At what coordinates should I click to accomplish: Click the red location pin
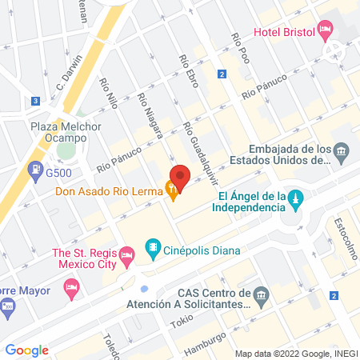[x=180, y=178]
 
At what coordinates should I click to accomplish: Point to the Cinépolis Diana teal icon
[x=150, y=247]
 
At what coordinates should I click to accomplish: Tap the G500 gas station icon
[x=36, y=170]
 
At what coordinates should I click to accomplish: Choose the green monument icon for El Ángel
[x=295, y=198]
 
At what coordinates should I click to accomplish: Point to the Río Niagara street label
[x=150, y=114]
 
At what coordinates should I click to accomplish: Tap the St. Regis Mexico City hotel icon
[x=126, y=258]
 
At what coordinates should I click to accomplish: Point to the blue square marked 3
[x=36, y=102]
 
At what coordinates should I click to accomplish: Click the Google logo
[x=26, y=350]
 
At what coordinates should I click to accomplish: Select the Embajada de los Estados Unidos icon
[x=342, y=152]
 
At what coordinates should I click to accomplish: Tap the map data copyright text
[x=295, y=354]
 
